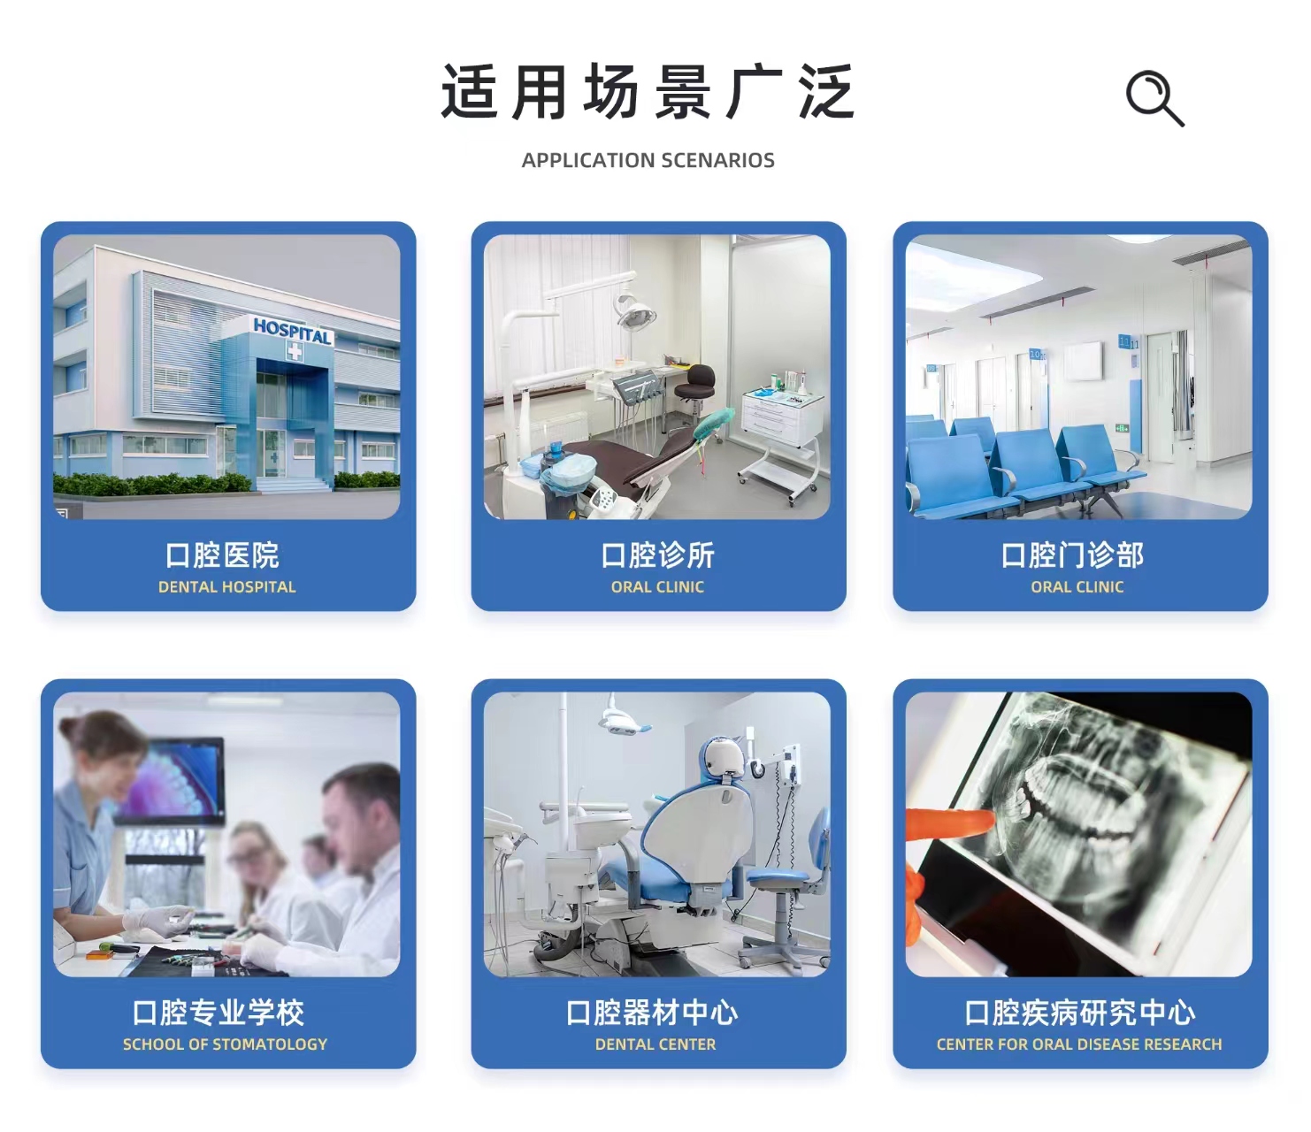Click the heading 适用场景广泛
click(x=648, y=93)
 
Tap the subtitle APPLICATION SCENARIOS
click(x=648, y=160)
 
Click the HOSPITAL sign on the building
click(x=293, y=331)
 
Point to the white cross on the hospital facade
click(x=294, y=351)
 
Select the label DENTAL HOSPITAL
click(x=227, y=587)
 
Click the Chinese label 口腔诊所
click(x=658, y=555)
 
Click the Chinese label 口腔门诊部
click(x=1072, y=555)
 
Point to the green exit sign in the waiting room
click(x=1122, y=428)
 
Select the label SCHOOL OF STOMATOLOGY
click(x=226, y=1044)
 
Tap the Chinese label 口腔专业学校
click(x=218, y=1012)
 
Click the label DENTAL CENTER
click(x=655, y=1044)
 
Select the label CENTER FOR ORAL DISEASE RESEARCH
click(x=1079, y=1044)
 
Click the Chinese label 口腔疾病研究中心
click(x=1079, y=1012)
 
